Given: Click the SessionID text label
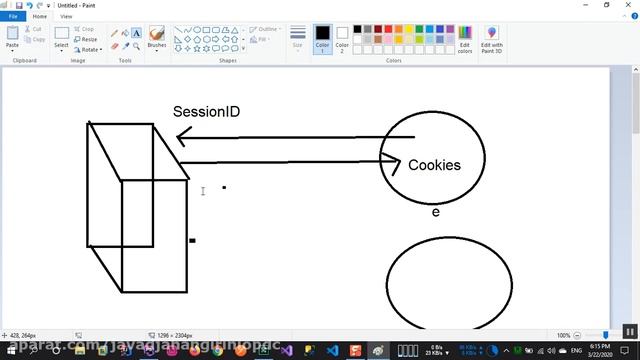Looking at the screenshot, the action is tap(206, 112).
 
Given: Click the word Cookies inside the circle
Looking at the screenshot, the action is tap(434, 165).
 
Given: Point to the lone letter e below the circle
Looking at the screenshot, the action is tap(435, 212).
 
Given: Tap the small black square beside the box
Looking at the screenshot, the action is tap(192, 240).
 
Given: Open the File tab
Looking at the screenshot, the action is tap(13, 16).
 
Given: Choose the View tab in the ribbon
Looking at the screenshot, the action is tap(66, 16).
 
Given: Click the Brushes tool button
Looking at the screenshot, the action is tap(157, 38).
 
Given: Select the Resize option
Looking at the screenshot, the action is tap(87, 39).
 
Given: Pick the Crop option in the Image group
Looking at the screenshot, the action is tap(86, 29).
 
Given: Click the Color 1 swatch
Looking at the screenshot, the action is tap(322, 38).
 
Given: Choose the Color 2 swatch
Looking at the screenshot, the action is tap(342, 38).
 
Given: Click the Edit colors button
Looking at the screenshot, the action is tap(464, 40).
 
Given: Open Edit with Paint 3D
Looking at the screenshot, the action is tap(492, 40).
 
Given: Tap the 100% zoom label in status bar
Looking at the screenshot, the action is tap(563, 335).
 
